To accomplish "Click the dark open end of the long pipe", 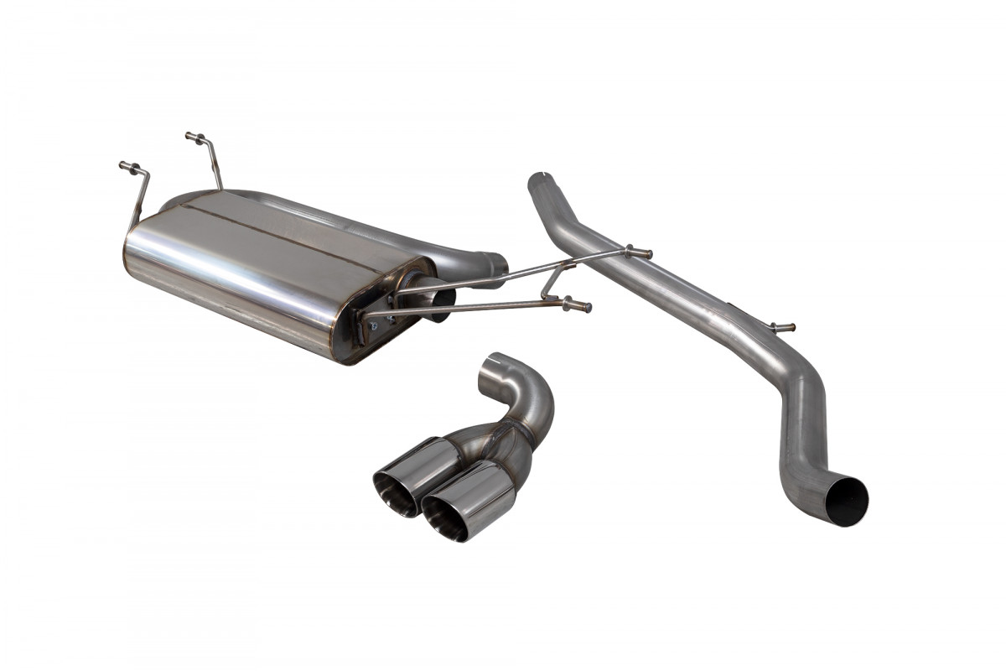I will click(x=846, y=501).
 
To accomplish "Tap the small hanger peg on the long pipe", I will click(x=785, y=327).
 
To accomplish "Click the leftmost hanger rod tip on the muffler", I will click(x=125, y=165).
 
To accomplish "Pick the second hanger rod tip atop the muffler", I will click(x=191, y=136).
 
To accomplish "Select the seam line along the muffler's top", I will click(x=277, y=226).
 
